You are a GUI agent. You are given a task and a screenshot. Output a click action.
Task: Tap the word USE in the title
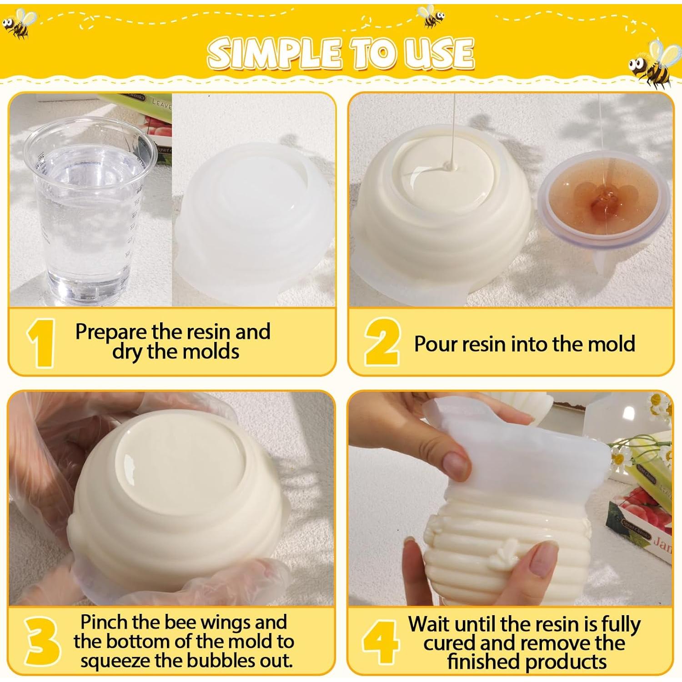[439, 53]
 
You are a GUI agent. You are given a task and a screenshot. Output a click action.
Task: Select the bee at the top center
[431, 16]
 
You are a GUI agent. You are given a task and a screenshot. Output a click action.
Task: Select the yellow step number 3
[42, 641]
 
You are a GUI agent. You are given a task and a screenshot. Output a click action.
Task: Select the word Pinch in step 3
[106, 622]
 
